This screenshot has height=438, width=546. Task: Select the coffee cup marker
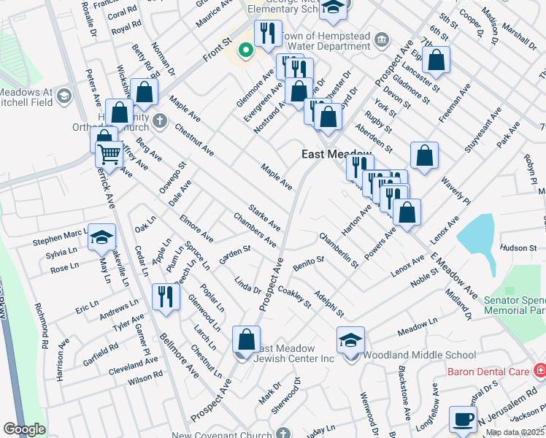(x=462, y=419)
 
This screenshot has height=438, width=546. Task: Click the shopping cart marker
(x=109, y=154)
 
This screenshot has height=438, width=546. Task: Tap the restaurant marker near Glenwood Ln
(x=166, y=296)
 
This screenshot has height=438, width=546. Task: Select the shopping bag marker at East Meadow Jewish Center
(x=246, y=339)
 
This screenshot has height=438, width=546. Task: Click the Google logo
(x=24, y=429)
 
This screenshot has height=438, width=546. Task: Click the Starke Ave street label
(x=264, y=217)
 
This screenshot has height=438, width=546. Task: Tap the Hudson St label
(x=519, y=248)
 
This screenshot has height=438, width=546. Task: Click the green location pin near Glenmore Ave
(x=246, y=50)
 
